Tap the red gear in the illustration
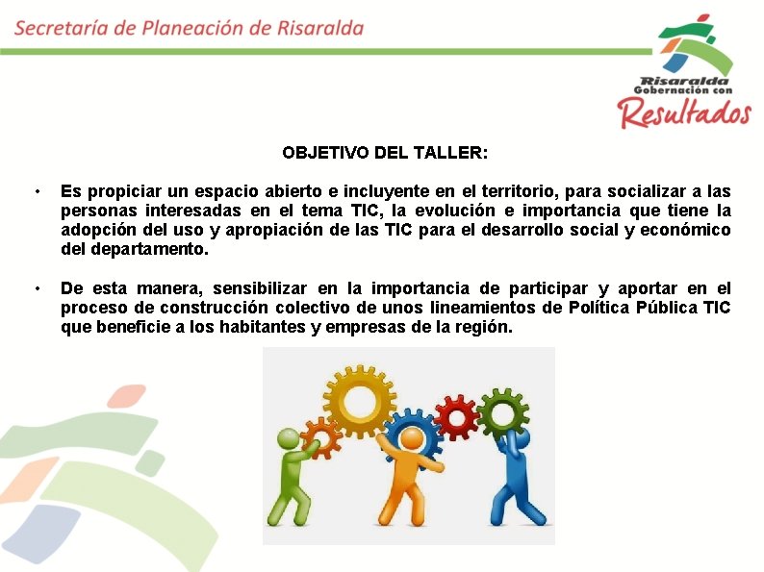(x=454, y=414)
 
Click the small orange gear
(x=319, y=438)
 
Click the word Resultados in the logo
(x=684, y=112)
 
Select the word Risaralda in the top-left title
(x=319, y=27)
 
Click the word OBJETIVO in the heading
(x=321, y=153)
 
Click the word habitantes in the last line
(x=242, y=327)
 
